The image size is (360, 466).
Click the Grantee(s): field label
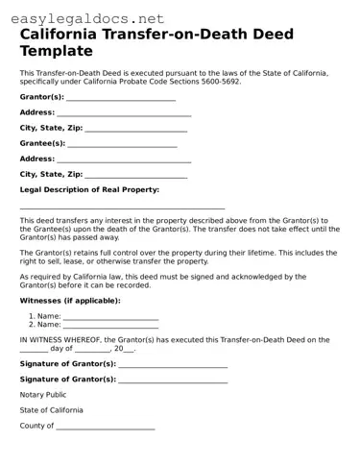pyautogui.click(x=42, y=143)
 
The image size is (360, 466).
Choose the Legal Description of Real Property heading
pyautogui.click(x=89, y=189)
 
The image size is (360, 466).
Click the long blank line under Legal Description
pyautogui.click(x=122, y=208)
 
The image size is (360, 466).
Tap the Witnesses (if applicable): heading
pyautogui.click(x=70, y=301)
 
